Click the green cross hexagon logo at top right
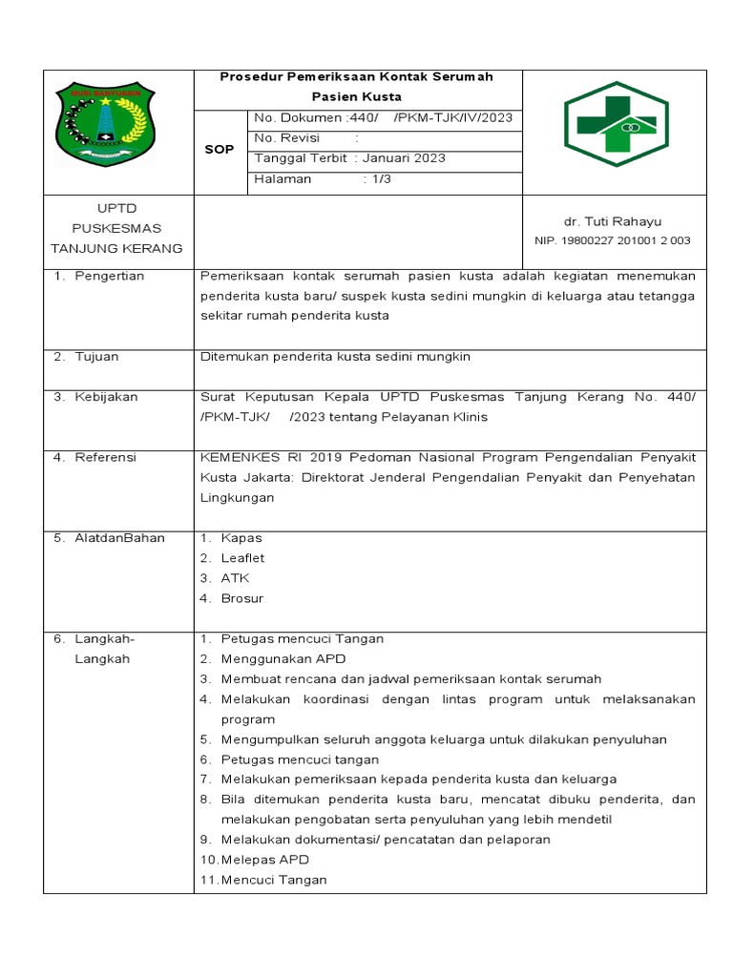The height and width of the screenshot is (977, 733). (616, 123)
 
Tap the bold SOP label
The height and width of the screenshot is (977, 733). (220, 150)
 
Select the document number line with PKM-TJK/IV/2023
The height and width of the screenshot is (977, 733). (383, 117)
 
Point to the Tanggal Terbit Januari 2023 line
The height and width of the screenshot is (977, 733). (349, 158)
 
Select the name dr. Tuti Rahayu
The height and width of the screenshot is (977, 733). (614, 221)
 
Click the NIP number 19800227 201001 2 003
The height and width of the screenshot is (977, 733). (613, 240)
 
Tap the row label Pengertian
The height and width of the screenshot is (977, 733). (109, 276)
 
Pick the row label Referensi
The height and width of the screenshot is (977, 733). (105, 457)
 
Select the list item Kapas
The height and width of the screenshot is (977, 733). (241, 538)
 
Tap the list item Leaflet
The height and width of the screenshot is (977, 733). (242, 558)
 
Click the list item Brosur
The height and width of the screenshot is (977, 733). (241, 598)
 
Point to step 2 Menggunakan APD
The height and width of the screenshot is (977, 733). (283, 658)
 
